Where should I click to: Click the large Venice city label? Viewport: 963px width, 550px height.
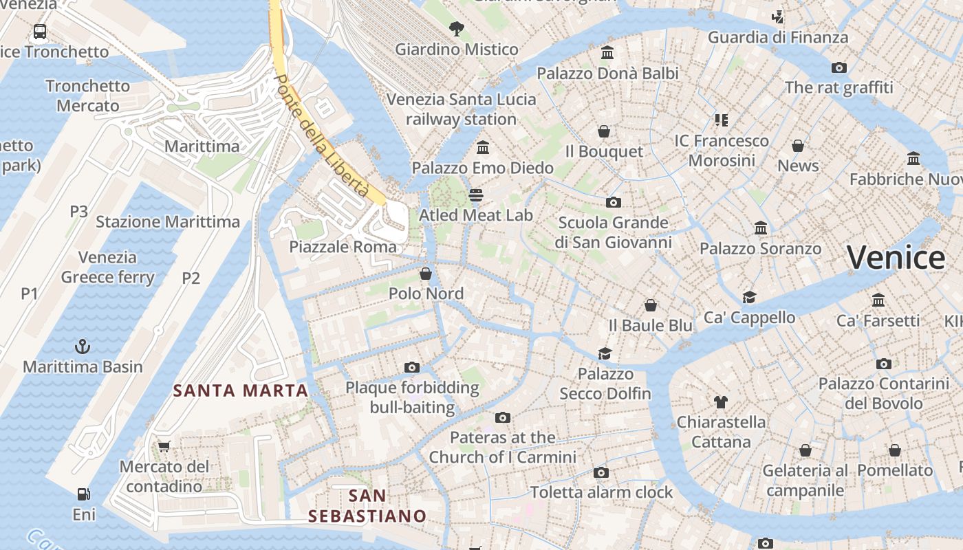point(896,258)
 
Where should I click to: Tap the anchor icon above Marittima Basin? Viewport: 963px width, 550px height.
point(83,346)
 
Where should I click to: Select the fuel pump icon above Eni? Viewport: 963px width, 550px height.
point(83,494)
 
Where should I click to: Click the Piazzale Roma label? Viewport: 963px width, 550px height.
point(343,247)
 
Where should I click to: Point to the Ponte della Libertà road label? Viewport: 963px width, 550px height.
point(321,135)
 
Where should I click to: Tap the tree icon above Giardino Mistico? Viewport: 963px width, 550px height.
point(456,29)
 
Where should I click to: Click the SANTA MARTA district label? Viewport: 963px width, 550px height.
point(240,390)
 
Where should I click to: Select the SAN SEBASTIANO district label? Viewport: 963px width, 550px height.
point(367,505)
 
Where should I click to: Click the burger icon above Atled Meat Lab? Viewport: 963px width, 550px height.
point(475,195)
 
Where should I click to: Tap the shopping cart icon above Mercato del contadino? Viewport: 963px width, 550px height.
point(164,446)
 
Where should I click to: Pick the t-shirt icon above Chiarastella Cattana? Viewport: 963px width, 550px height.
point(721,401)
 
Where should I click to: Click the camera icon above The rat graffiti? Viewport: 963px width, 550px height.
point(838,67)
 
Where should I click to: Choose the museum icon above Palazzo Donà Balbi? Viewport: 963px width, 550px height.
point(607,53)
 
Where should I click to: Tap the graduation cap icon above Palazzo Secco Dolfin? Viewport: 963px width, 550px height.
point(605,353)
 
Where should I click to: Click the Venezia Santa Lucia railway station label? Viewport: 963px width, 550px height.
point(461,109)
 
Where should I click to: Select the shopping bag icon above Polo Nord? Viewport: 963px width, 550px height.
point(426,274)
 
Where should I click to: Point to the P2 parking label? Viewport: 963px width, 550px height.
point(191,278)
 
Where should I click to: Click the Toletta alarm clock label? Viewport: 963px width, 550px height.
point(601,492)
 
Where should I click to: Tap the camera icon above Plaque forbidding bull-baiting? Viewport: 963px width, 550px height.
point(412,367)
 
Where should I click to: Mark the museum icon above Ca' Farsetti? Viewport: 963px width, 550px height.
point(878,300)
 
